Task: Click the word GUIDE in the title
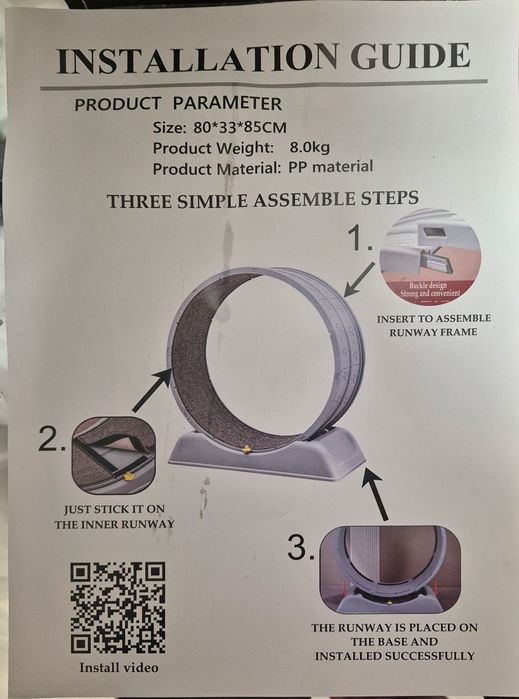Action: pyautogui.click(x=410, y=56)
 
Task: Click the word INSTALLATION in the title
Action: pyautogui.click(x=198, y=59)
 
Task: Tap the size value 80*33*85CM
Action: pyautogui.click(x=240, y=127)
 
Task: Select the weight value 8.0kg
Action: pyautogui.click(x=310, y=147)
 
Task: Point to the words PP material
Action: pyautogui.click(x=330, y=167)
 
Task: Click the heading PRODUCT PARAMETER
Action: pyautogui.click(x=178, y=104)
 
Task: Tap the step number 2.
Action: pyautogui.click(x=52, y=438)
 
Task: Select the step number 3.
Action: pyautogui.click(x=301, y=547)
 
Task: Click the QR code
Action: pyautogui.click(x=118, y=608)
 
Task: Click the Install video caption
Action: pyautogui.click(x=119, y=667)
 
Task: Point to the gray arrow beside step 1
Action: pyautogui.click(x=359, y=279)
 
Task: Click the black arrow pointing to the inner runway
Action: pyautogui.click(x=152, y=391)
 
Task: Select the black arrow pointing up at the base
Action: pyautogui.click(x=375, y=493)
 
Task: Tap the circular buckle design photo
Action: pyautogui.click(x=430, y=258)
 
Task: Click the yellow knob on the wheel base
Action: pyautogui.click(x=246, y=449)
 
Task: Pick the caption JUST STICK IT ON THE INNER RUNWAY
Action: pyautogui.click(x=114, y=516)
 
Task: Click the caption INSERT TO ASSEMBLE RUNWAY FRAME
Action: pyautogui.click(x=433, y=325)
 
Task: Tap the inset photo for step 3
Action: pyautogui.click(x=390, y=569)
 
